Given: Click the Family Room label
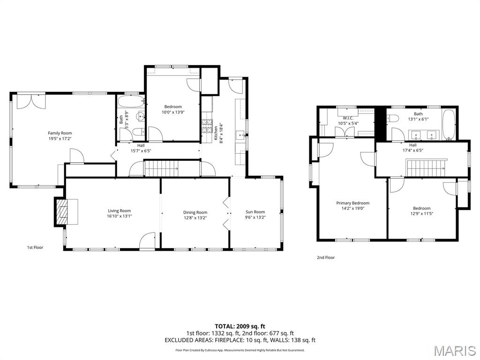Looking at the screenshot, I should pyautogui.click(x=60, y=133).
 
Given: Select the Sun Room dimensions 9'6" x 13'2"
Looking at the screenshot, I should pyautogui.click(x=255, y=217).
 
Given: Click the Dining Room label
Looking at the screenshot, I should pyautogui.click(x=195, y=212).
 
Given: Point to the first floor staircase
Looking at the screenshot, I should pyautogui.click(x=162, y=168).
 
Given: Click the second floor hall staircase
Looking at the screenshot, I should pyautogui.click(x=426, y=168).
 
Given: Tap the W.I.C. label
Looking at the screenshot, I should pyautogui.click(x=347, y=118).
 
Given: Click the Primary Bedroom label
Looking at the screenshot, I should pyautogui.click(x=352, y=203).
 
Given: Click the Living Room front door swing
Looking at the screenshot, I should pyautogui.click(x=148, y=239).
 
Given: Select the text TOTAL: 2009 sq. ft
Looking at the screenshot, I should pyautogui.click(x=240, y=326).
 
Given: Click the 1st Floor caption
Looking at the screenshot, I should pyautogui.click(x=35, y=247).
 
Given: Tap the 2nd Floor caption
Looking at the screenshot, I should pyautogui.click(x=326, y=257).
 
